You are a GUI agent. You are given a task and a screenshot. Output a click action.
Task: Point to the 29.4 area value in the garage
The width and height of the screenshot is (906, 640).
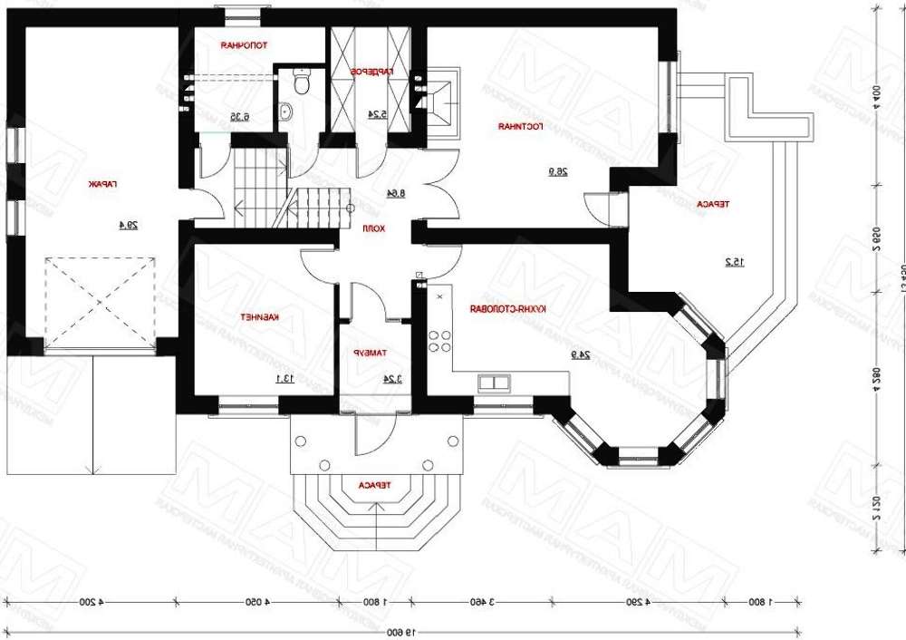point(128,225)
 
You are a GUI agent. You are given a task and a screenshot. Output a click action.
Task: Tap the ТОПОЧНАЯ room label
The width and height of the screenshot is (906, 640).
point(244,44)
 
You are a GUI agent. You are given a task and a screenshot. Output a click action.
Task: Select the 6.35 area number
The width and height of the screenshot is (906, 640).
point(238,116)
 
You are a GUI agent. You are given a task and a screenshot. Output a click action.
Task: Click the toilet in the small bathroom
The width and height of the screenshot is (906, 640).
point(301,82)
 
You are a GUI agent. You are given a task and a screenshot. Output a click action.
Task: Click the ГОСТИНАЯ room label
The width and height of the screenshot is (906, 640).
point(520,127)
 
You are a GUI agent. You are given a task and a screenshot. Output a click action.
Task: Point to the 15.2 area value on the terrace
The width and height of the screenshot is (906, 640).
point(734,262)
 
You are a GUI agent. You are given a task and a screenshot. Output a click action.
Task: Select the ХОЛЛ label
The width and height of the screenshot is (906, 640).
point(374,229)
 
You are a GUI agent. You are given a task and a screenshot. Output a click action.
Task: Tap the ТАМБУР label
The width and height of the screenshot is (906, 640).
point(371,353)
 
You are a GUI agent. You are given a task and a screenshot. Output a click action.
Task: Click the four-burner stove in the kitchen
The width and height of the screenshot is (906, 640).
point(440,341)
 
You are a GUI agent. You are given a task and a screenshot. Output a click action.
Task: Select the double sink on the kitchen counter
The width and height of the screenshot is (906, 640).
point(494,383)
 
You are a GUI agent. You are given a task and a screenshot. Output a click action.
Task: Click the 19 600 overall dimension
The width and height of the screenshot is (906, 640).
point(393,632)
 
